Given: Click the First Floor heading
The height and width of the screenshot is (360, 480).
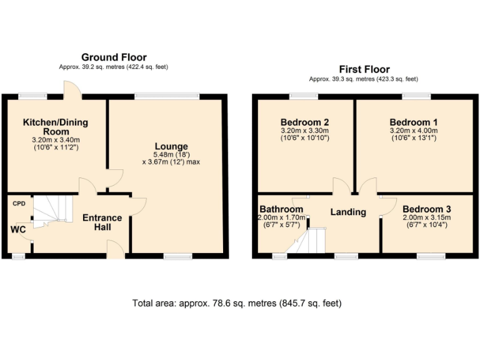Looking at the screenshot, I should coord(364,69).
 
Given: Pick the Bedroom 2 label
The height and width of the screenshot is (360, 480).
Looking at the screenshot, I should coord(304,122).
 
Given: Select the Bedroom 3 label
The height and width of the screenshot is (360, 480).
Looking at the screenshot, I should coord(426,209).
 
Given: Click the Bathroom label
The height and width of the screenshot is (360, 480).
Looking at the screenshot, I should coord(282,209).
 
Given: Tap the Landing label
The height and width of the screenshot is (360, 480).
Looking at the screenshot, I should coord(348,212).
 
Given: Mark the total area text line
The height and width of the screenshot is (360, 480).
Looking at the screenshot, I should coord(237,304).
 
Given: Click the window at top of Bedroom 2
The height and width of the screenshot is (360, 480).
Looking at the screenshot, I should coord(304,96).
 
